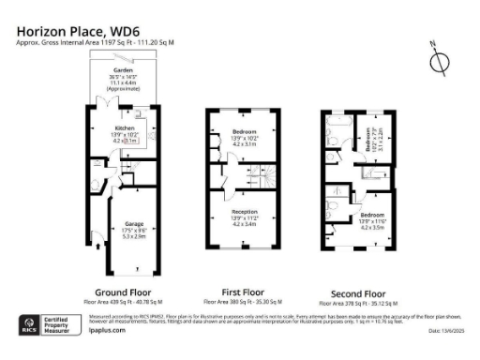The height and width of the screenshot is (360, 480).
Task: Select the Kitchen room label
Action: (126, 127)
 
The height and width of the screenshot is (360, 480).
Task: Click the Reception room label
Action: (244, 212)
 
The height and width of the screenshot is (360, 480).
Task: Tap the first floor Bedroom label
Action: (244, 131)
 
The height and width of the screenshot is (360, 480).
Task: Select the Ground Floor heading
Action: (124, 292)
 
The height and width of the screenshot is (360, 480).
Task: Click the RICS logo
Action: (29, 326)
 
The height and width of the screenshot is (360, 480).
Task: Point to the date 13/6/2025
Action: (449, 331)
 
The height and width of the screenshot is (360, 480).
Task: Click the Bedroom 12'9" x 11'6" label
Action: (372, 218)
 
